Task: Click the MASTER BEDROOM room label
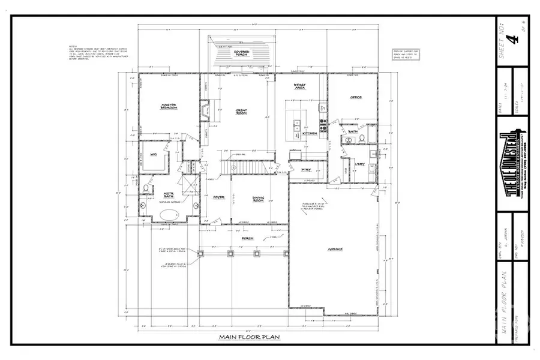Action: [167, 106]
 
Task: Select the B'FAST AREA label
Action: [300, 86]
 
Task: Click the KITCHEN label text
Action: [310, 133]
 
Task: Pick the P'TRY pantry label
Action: [305, 170]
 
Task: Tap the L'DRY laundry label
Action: [361, 164]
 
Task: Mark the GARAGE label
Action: [335, 248]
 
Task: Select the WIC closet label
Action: [154, 154]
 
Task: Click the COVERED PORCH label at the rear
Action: [242, 53]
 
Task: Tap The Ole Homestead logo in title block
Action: [512, 163]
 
